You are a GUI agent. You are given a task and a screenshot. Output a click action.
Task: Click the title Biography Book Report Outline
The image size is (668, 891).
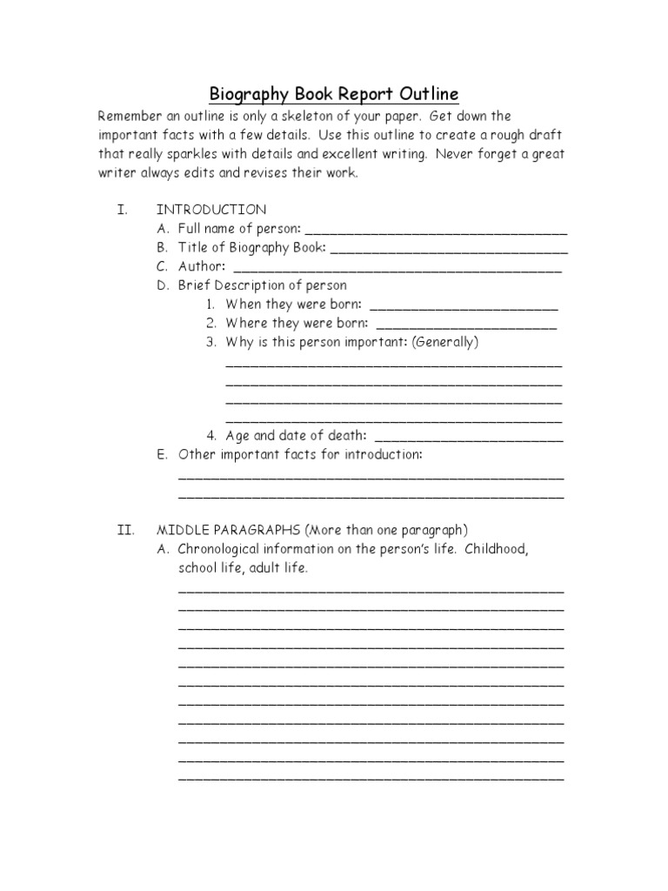pyautogui.click(x=333, y=94)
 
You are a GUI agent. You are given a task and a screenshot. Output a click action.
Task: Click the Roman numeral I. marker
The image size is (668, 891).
pyautogui.click(x=123, y=210)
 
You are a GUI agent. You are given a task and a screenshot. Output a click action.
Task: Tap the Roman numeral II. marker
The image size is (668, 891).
pyautogui.click(x=125, y=529)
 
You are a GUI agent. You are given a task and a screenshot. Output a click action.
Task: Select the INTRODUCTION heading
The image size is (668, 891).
pyautogui.click(x=211, y=210)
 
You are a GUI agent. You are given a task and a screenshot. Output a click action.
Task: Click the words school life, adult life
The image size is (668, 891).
pyautogui.click(x=244, y=568)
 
